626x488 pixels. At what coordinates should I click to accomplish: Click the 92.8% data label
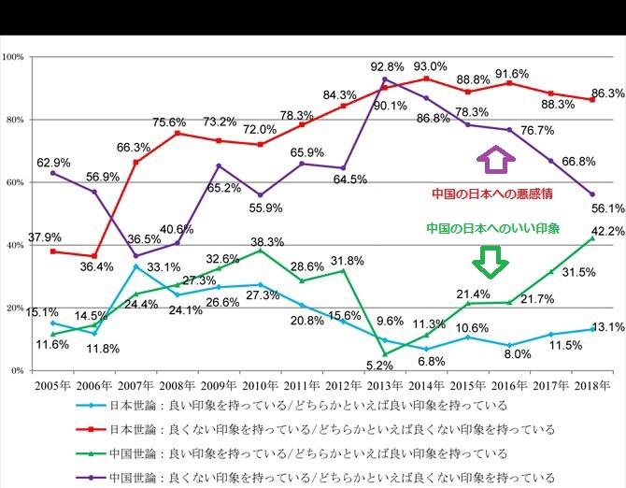coord(387,66)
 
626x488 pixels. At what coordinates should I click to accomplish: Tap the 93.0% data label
coord(430,66)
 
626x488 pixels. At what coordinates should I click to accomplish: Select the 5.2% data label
coord(379,365)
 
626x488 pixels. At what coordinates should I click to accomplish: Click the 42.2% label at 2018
coord(608,231)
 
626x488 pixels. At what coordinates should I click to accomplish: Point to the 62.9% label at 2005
coord(53,163)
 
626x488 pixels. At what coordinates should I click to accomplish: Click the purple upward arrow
coord(496,159)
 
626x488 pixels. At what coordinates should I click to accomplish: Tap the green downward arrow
coord(491,262)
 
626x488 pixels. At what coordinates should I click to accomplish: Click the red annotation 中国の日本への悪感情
coord(492,194)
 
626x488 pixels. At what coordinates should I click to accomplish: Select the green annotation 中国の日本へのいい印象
coord(493,228)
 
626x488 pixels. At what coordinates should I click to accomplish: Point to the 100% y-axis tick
coord(13,57)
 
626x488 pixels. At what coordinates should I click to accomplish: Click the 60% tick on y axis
coord(15,182)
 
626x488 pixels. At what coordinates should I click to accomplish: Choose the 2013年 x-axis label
coord(384,385)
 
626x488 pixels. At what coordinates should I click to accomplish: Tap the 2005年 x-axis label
coord(52,385)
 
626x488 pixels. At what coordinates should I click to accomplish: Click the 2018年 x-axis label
coord(592,385)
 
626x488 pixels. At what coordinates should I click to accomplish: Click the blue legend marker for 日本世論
coord(91,406)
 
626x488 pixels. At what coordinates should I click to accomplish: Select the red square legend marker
coord(91,429)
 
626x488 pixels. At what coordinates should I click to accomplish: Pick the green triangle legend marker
coord(91,453)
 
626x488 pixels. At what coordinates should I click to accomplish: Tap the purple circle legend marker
coord(91,478)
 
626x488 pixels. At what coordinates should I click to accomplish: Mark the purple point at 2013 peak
coord(385,79)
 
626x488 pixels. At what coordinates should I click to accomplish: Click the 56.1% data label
coord(608,208)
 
